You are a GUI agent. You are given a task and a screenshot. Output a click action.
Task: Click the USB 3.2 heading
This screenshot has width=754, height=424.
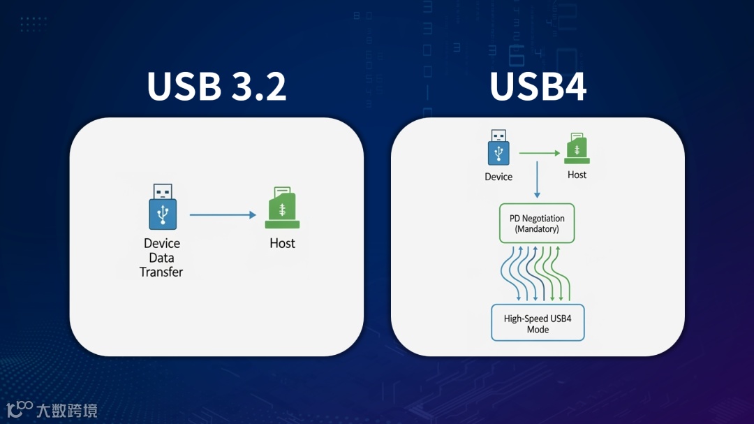coord(216,87)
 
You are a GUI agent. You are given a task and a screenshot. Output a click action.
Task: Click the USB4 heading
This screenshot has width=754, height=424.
coord(538,87)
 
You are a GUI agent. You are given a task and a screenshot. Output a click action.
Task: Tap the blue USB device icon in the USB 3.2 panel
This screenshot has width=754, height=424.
coord(163,207)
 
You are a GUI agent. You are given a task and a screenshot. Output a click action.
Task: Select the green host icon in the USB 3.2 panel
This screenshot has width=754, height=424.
coord(282,208)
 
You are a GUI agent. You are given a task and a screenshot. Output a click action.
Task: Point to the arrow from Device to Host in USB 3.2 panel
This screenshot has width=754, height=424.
coord(223,215)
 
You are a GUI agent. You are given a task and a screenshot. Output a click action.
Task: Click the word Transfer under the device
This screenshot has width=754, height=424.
coord(161,272)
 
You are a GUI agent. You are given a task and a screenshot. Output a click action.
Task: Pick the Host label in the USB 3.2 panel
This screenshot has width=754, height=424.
coord(282,244)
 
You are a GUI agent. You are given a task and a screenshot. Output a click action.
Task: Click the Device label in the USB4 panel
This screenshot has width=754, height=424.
coord(498,177)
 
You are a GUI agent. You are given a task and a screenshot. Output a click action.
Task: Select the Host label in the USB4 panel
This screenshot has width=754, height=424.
coord(577,175)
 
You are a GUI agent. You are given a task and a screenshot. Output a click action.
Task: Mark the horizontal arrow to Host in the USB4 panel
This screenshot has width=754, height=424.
coord(539,153)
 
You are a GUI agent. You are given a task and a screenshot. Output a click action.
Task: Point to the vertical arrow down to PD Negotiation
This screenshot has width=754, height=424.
coord(537,180)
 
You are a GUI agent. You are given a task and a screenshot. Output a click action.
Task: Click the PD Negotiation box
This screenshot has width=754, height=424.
coord(537,224)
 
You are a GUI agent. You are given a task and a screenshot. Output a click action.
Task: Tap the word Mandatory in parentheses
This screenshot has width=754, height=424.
coord(537,229)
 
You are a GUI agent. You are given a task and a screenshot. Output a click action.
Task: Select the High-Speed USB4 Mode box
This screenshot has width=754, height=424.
coord(538,323)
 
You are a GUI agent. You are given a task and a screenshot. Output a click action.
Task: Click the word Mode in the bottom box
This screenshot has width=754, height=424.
coord(538,330)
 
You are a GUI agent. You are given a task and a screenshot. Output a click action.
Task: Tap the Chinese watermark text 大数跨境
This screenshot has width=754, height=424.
coord(67,410)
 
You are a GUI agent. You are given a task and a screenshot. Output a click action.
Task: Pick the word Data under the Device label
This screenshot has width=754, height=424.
coord(161,258)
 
